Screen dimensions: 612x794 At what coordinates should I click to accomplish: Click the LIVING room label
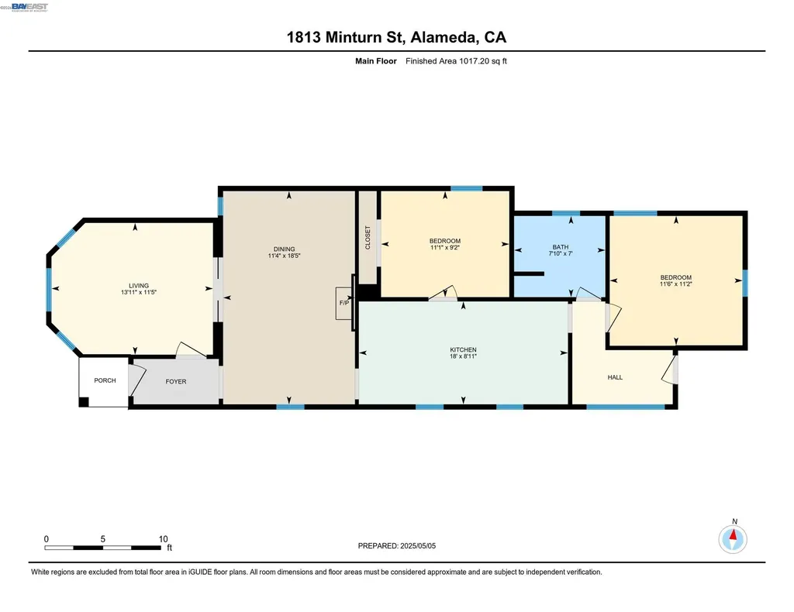tap(139, 285)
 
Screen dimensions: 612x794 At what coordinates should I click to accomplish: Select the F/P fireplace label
tap(342, 304)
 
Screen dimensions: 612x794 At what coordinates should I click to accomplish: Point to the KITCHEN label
tap(463, 349)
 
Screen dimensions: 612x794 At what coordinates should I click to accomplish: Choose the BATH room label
tap(560, 247)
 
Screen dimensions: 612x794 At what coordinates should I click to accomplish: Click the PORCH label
tap(105, 380)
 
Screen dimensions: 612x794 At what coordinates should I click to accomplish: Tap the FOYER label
tap(176, 381)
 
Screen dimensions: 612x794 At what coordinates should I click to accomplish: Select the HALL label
tap(615, 377)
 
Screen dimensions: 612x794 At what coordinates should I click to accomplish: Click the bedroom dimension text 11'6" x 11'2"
tap(675, 285)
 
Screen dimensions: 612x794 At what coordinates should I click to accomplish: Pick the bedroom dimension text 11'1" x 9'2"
tap(445, 248)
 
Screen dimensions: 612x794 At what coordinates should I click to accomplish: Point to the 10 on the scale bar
tap(163, 538)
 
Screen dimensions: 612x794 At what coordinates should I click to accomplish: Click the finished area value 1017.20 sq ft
tap(456, 60)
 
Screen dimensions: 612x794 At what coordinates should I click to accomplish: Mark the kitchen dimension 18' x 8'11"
tap(463, 357)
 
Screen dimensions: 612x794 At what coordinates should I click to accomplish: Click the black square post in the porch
tap(84, 401)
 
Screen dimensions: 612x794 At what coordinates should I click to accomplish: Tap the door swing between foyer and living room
tap(188, 350)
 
